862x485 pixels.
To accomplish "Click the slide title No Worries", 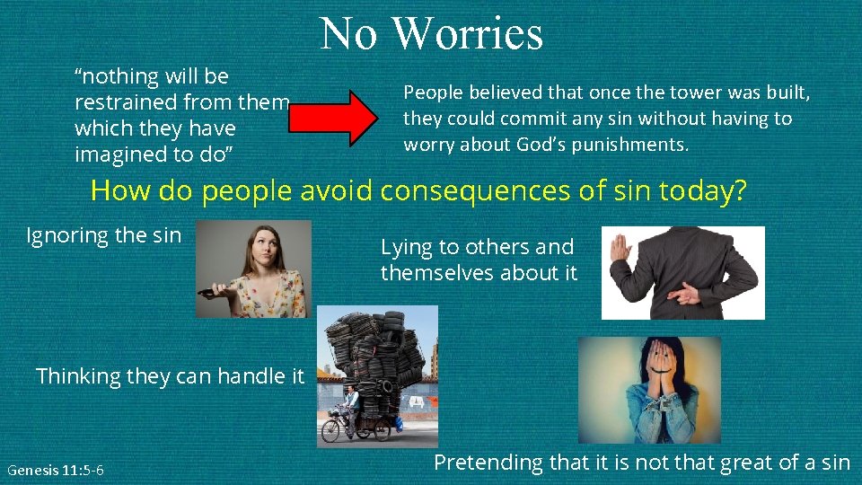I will [431, 33].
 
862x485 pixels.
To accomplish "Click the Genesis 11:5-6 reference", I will [56, 470].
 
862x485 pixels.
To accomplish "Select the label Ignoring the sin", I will [104, 235].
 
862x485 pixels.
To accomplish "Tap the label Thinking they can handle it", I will [170, 375].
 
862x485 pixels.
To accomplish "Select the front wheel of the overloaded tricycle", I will [330, 428].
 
